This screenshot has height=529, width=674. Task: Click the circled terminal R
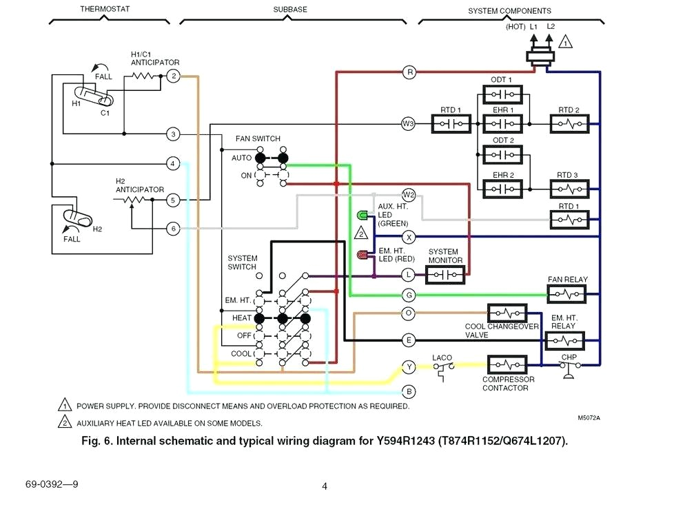(x=409, y=72)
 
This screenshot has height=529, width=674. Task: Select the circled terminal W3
(x=408, y=124)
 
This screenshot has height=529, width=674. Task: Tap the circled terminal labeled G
(x=409, y=295)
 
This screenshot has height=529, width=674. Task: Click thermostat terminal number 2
(x=174, y=76)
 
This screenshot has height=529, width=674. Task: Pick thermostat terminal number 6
(x=174, y=228)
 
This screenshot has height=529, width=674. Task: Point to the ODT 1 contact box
(x=502, y=94)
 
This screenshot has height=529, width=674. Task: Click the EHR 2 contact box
(x=502, y=188)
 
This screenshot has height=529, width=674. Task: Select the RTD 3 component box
(x=569, y=188)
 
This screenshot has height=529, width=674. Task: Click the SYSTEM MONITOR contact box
(x=445, y=275)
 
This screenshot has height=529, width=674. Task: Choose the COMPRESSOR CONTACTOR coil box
(x=507, y=364)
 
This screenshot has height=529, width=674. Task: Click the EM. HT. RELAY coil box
(x=564, y=340)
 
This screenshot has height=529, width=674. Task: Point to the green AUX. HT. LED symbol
(x=362, y=216)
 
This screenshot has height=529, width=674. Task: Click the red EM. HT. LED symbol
(x=362, y=256)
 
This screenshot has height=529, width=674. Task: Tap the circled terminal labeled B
(x=409, y=391)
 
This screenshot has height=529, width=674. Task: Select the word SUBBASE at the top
(x=290, y=9)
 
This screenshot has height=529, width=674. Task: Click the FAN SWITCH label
(x=258, y=138)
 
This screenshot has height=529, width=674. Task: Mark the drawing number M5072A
(x=589, y=417)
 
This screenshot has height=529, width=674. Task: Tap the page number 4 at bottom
(x=325, y=486)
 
